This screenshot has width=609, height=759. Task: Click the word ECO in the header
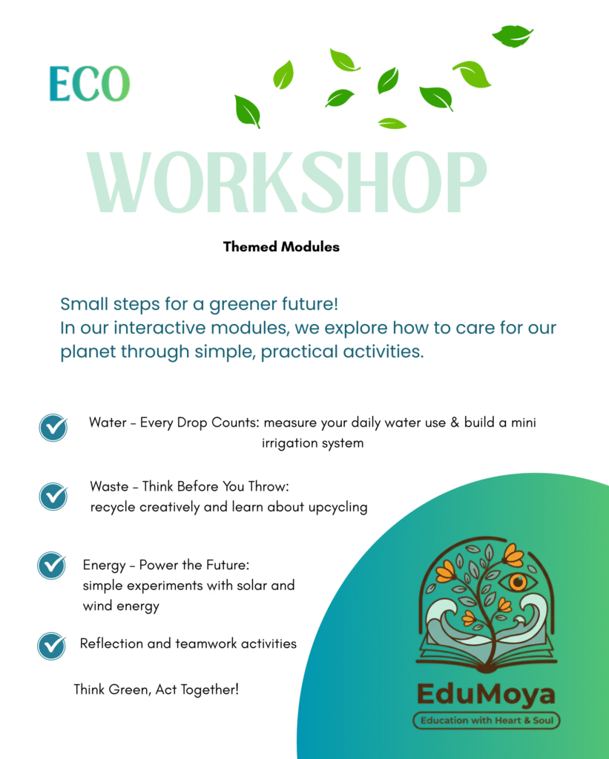[90, 84]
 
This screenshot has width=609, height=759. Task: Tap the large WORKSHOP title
[286, 182]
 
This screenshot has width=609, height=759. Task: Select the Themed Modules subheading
[281, 247]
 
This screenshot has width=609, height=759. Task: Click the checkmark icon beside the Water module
[53, 428]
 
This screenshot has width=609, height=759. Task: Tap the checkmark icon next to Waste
[53, 496]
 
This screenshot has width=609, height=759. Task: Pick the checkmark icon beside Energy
[52, 566]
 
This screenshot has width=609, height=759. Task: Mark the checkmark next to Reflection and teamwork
[52, 646]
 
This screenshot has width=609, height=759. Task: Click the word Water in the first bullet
[108, 422]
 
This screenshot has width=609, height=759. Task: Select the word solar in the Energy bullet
[252, 586]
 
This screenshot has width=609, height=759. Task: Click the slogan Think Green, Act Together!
[156, 689]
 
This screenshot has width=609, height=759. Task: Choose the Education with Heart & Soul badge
[487, 720]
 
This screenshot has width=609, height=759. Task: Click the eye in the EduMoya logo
[518, 582]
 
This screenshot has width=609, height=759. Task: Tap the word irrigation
[285, 443]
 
